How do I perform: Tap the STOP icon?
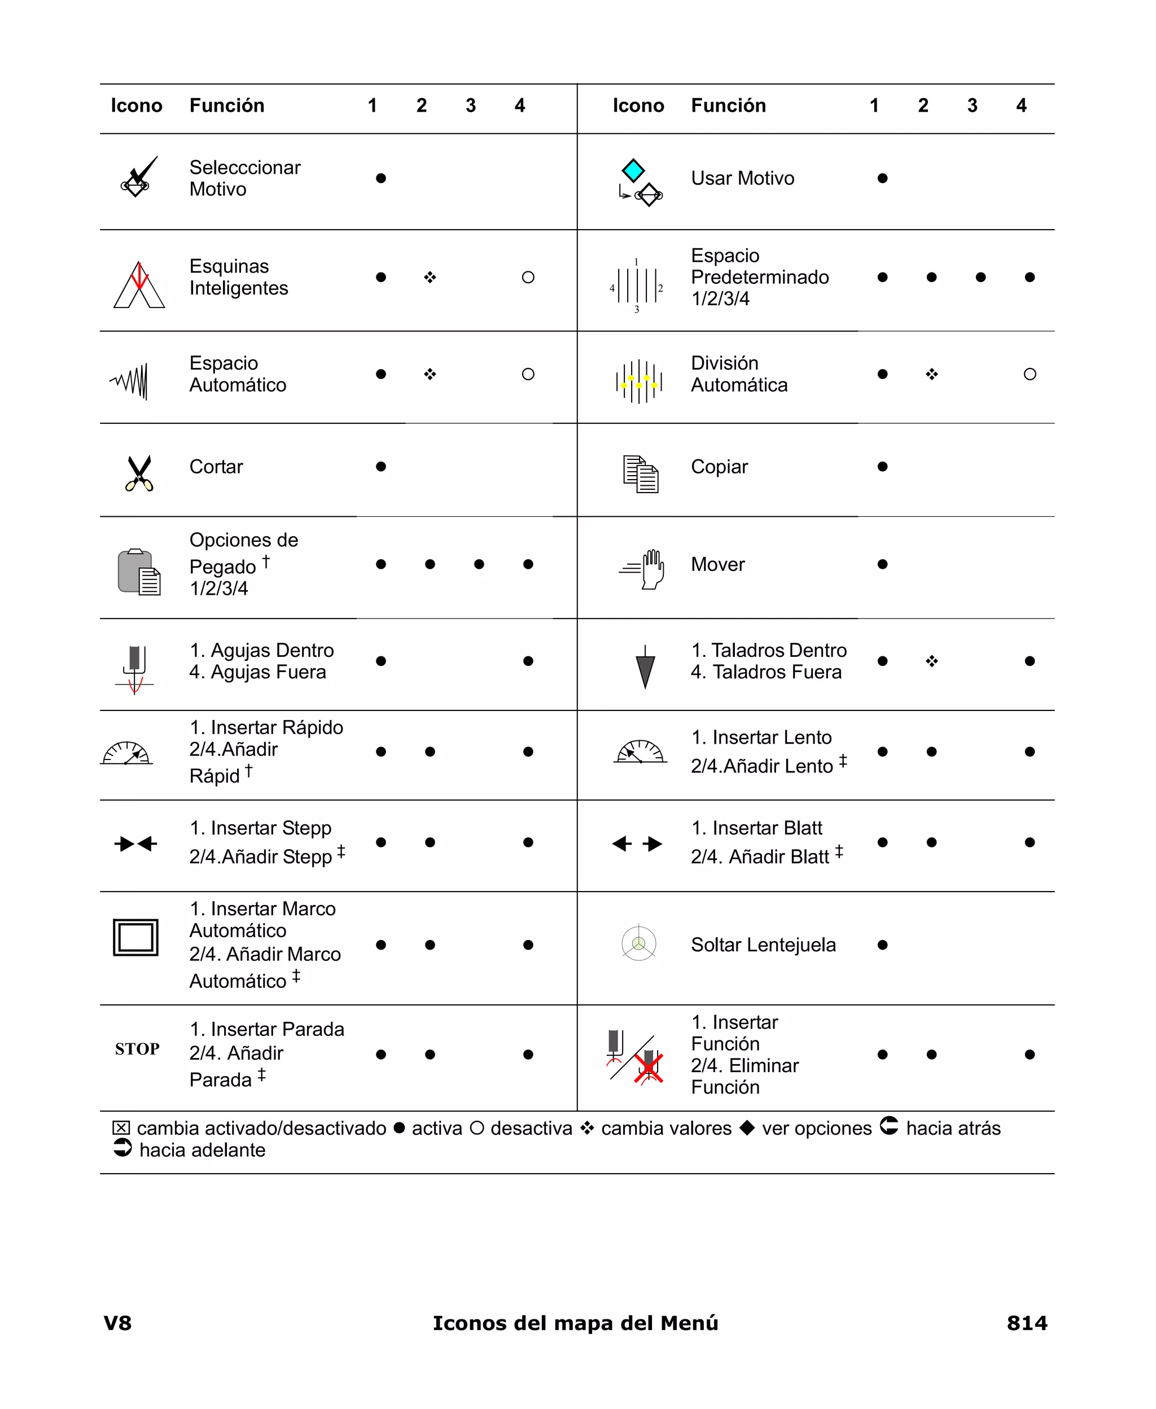137,1049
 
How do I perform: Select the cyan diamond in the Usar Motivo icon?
633,170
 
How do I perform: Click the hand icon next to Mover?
652,568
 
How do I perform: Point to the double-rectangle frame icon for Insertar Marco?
136,937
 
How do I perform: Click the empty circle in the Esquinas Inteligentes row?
528,278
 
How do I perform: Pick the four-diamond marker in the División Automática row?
931,374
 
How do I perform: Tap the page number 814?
1026,1323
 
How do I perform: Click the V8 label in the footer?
118,1323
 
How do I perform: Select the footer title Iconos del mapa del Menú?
575,1323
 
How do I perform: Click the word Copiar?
719,467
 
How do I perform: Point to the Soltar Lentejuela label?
763,945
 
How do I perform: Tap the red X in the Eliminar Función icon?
649,1068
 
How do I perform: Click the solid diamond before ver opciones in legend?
747,1127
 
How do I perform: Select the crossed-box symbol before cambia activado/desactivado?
121,1127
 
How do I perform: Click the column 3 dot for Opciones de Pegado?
479,564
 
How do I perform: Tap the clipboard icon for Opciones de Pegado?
138,572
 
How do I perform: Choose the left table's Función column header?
227,105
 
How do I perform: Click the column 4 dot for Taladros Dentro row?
1030,661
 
